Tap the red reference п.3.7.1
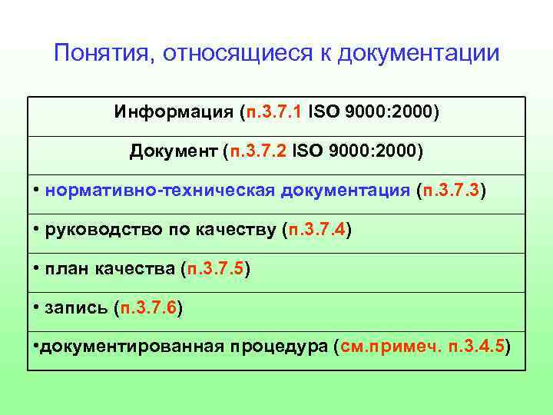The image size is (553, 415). point(273,113)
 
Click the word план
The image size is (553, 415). point(67,269)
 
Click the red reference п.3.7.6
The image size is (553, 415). point(148,308)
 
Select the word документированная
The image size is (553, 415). point(130,347)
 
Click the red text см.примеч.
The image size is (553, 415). point(389,347)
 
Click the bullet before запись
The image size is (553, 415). point(37,307)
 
